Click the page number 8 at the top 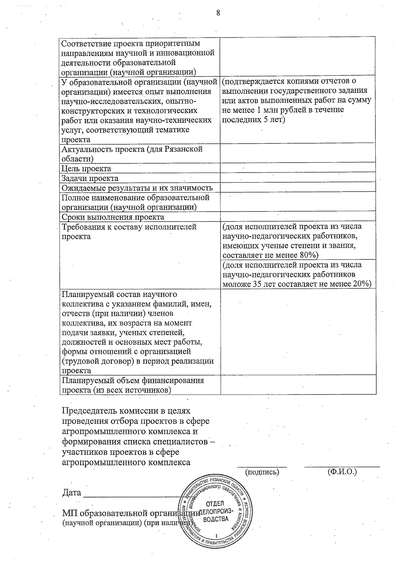(x=218, y=13)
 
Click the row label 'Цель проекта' (x=86, y=169)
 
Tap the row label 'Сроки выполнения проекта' (x=113, y=217)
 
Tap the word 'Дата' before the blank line (x=71, y=492)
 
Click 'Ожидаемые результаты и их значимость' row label (x=137, y=188)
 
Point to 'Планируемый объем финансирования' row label (x=133, y=381)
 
